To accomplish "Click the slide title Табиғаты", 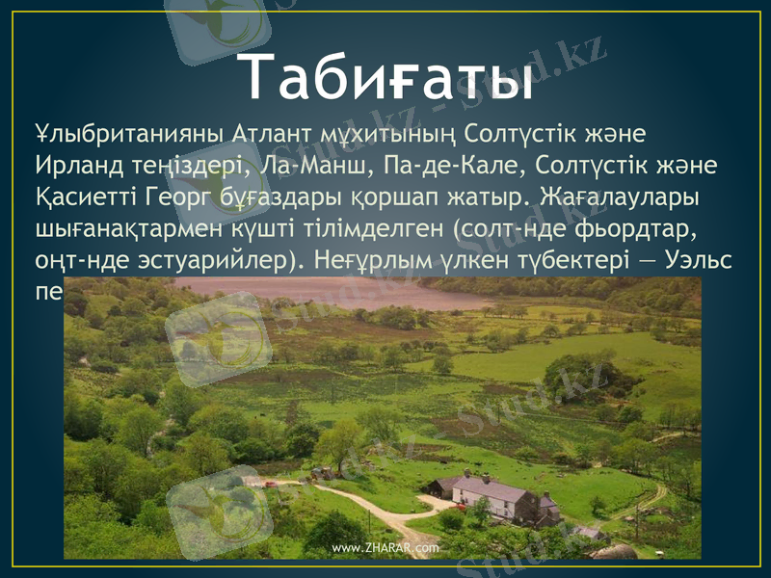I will [385, 77].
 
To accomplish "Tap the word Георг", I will [198, 197].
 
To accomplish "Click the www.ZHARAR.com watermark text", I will [385, 547].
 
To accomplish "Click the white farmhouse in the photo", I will [493, 494].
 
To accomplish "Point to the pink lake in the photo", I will [328, 292].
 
